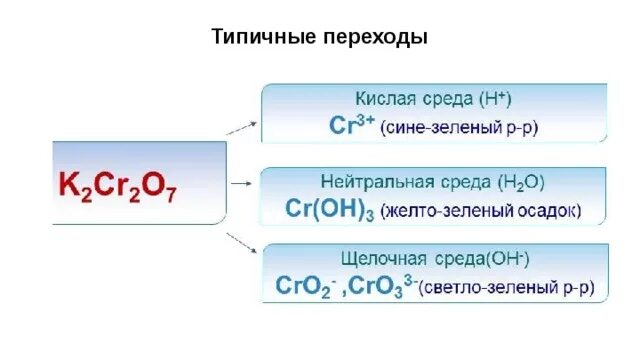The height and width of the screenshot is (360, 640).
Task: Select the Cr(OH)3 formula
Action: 319,211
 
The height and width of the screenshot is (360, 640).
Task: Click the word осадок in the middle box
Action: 544,212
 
